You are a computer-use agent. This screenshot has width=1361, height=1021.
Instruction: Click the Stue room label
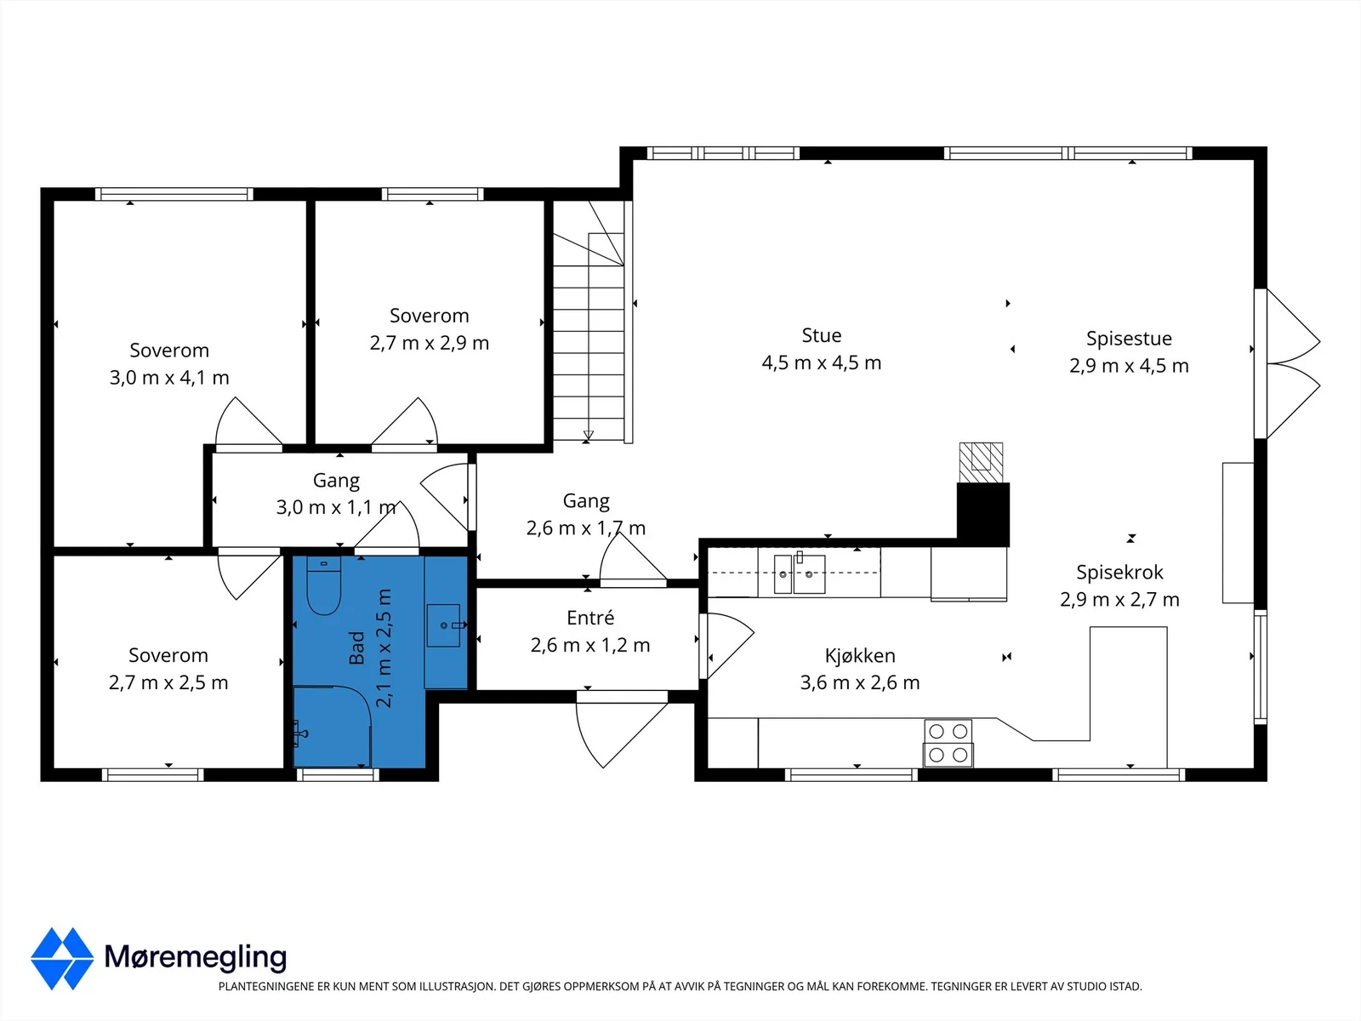tap(822, 335)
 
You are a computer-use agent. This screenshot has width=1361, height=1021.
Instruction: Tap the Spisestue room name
tap(1129, 339)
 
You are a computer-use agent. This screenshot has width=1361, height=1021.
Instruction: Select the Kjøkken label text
tap(859, 655)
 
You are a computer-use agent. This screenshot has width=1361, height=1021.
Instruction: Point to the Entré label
tap(590, 618)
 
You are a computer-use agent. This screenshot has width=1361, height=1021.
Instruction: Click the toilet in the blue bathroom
tap(324, 585)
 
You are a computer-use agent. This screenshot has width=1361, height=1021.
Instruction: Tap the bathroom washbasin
tap(443, 625)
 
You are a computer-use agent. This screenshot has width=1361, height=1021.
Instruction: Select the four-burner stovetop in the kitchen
tap(948, 743)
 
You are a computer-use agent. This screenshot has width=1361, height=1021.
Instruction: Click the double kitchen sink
tap(800, 574)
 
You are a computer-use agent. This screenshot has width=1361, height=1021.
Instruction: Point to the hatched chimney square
tap(981, 463)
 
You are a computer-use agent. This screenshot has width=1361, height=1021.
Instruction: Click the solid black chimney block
tap(982, 515)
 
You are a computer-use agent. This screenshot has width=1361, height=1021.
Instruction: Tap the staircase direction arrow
tap(588, 435)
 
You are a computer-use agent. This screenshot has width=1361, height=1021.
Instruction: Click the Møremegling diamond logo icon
tap(62, 958)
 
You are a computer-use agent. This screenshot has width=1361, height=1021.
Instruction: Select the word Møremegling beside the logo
tap(196, 957)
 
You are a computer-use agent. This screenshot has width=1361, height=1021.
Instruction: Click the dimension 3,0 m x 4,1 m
tap(169, 378)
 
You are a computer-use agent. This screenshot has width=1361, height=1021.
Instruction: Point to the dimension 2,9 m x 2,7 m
tap(1119, 600)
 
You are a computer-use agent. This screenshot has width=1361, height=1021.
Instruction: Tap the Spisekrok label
tap(1119, 572)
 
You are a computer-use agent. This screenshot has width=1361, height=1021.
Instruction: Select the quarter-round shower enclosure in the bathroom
tap(333, 727)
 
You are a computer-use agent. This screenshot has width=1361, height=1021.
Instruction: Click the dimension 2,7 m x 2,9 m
tap(429, 343)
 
